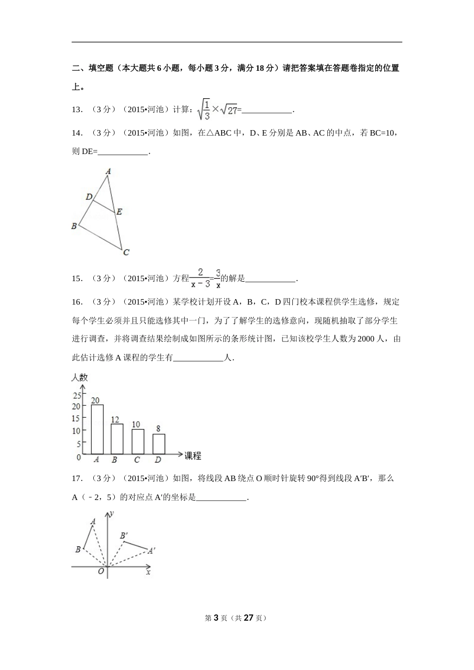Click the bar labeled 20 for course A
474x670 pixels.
click(x=97, y=429)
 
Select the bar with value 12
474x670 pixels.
click(x=117, y=439)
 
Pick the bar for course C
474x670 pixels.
click(x=138, y=441)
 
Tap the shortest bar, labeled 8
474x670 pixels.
click(x=159, y=444)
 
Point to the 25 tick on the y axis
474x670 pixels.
click(x=76, y=396)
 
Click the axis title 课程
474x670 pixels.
click(x=193, y=455)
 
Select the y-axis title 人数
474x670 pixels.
click(x=80, y=377)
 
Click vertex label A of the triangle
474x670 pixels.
click(x=108, y=171)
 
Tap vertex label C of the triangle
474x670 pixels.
click(x=126, y=252)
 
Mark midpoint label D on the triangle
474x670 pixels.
click(x=89, y=197)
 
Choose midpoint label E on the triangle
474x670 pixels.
click(x=119, y=212)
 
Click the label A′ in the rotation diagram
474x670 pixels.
click(x=152, y=551)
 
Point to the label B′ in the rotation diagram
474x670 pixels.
click(x=124, y=536)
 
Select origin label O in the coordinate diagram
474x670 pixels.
click(x=101, y=572)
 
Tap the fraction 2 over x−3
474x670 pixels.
click(x=200, y=278)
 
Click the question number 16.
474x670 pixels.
click(x=77, y=302)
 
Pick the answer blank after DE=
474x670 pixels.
click(x=123, y=152)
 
